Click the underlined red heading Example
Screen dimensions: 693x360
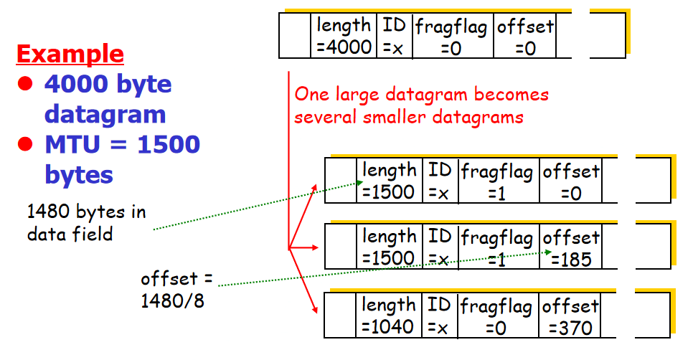click(x=70, y=54)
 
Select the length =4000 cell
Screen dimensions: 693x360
click(x=344, y=37)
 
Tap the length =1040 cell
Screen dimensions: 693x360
click(x=389, y=316)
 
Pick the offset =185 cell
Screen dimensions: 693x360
click(x=571, y=247)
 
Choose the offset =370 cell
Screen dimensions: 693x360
click(x=571, y=316)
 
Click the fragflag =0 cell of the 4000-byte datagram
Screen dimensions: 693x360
click(x=451, y=37)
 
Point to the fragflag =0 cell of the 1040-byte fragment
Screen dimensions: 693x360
click(x=496, y=316)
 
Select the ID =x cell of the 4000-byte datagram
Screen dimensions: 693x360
click(x=394, y=37)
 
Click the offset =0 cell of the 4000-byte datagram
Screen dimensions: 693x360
click(x=525, y=37)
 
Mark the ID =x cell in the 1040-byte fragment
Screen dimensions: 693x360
click(x=439, y=316)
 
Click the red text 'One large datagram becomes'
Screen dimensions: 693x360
click(x=422, y=95)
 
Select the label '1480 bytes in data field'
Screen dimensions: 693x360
click(x=85, y=222)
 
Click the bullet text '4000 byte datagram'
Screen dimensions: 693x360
click(x=108, y=99)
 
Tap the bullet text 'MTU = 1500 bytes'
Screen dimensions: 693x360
click(x=122, y=159)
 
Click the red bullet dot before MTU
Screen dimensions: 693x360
click(x=27, y=144)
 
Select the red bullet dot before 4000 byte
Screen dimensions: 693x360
click(x=27, y=84)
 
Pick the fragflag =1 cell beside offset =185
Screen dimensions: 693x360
click(x=496, y=247)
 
